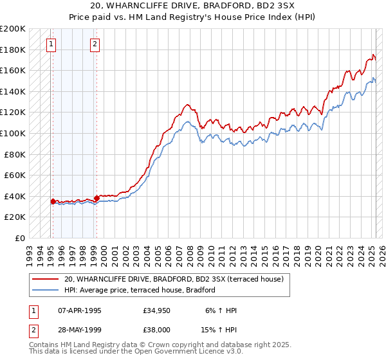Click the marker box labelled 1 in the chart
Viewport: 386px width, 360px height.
click(x=51, y=44)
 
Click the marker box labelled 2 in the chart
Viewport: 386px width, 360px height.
click(x=95, y=44)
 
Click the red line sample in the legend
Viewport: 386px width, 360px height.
click(x=46, y=279)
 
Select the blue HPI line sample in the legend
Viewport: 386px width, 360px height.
click(x=46, y=290)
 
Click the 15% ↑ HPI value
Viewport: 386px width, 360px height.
click(x=221, y=331)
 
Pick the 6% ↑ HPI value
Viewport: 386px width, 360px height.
click(x=221, y=310)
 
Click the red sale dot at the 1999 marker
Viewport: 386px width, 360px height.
click(x=96, y=198)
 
